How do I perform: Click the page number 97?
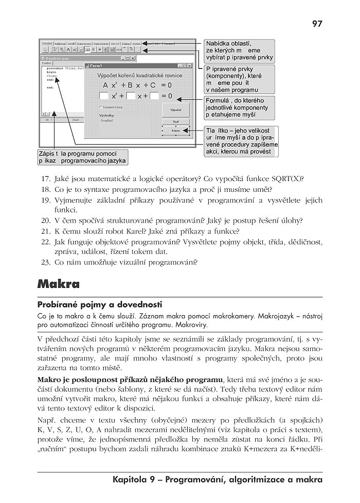coord(317,23)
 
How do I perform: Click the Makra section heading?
coord(59,284)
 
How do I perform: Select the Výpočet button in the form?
coord(176,110)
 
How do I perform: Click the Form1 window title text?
coord(96,66)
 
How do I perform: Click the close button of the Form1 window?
coord(189,66)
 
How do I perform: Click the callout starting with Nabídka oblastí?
coord(239,50)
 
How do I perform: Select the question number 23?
coord(45,262)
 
